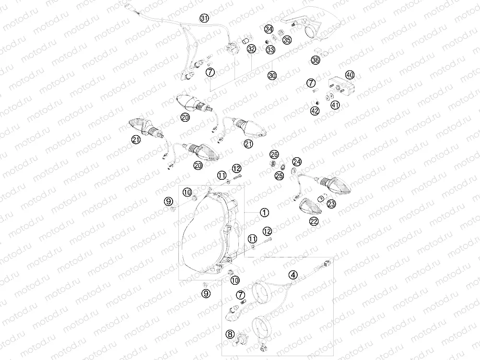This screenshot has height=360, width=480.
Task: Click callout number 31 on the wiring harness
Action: [204, 18]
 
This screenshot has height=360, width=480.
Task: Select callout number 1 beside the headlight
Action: [264, 212]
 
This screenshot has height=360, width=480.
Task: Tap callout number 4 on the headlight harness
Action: [293, 275]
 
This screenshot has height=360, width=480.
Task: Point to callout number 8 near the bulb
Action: [230, 334]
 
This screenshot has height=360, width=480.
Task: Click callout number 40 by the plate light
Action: [350, 75]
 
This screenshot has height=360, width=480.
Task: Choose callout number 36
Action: [316, 60]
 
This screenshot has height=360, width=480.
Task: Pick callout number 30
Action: [272, 76]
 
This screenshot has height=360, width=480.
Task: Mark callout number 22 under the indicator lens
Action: [314, 221]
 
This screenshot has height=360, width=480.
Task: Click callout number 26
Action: [274, 154]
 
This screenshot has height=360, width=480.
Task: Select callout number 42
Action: [315, 111]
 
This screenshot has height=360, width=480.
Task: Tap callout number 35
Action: [287, 40]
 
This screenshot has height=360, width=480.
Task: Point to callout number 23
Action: [331, 204]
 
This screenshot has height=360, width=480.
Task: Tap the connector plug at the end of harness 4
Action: [327, 264]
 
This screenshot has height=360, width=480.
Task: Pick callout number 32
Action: [251, 49]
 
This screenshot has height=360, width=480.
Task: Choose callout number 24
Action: [297, 162]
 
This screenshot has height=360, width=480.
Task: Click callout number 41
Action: [336, 105]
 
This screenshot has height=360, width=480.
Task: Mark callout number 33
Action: [270, 49]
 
